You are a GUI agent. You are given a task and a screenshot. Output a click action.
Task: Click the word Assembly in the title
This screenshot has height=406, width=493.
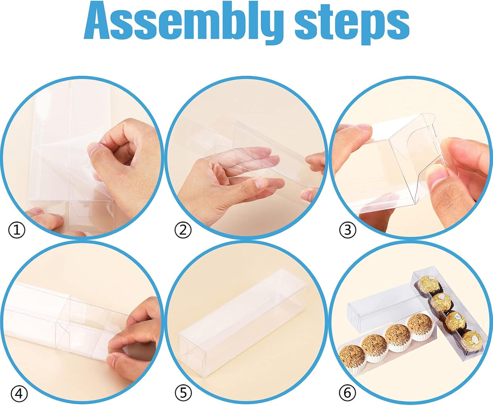coord(184,22)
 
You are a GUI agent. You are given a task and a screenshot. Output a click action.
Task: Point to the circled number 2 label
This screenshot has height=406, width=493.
coord(183,230)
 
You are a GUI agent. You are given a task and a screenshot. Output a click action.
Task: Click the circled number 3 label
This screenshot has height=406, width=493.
coord(348,230)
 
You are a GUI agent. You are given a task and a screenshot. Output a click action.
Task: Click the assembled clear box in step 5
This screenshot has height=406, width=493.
coord(243,323)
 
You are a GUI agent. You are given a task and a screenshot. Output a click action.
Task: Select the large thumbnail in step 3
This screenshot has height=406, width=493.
coord(439,174)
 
